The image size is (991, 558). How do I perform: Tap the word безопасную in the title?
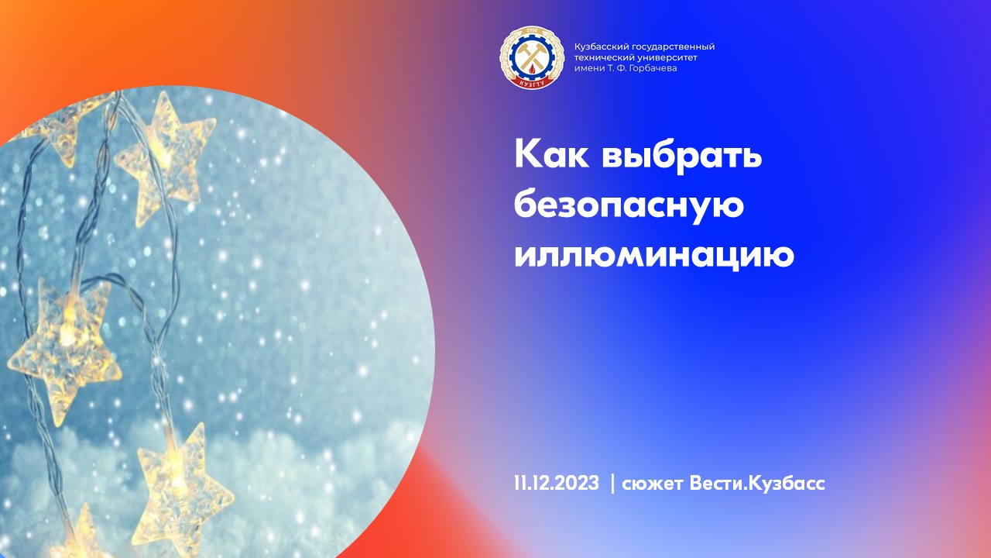tap(629, 207)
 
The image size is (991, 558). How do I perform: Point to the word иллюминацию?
tap(654, 256)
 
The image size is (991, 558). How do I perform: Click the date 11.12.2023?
tap(556, 484)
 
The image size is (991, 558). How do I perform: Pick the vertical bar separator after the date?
tap(612, 484)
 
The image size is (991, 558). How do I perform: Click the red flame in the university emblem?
tap(530, 69)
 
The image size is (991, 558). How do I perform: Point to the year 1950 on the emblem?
tap(531, 32)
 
